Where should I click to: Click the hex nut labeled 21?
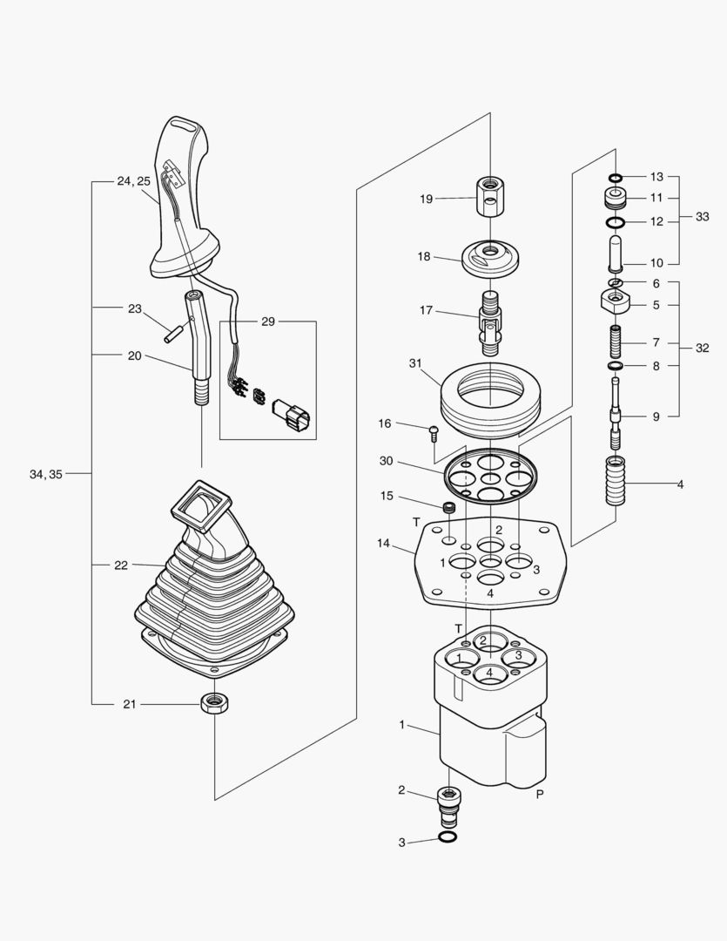pyautogui.click(x=214, y=702)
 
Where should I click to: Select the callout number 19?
pyautogui.click(x=426, y=199)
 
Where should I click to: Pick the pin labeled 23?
pyautogui.click(x=172, y=333)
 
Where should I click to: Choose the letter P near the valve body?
pyautogui.click(x=540, y=795)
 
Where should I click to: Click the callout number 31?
pyautogui.click(x=414, y=363)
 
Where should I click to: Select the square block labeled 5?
pyautogui.click(x=616, y=303)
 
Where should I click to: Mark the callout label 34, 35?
pyautogui.click(x=45, y=474)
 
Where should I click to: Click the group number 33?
pyautogui.click(x=703, y=216)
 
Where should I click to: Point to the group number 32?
pyautogui.click(x=703, y=348)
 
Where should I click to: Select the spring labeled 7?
pyautogui.click(x=616, y=336)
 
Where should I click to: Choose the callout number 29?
pyautogui.click(x=268, y=322)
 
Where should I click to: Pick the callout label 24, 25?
pyautogui.click(x=133, y=181)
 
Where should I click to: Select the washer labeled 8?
pyautogui.click(x=616, y=367)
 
